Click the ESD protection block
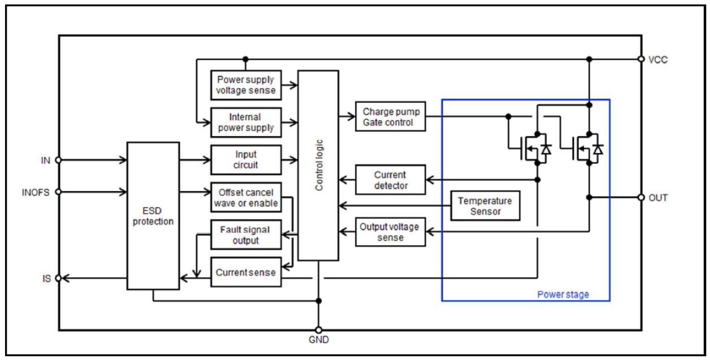coord(153,215)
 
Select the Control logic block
coord(318,165)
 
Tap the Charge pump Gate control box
coord(390,117)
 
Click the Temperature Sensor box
coord(484,206)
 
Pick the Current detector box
coord(390,180)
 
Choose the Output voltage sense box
coord(390,232)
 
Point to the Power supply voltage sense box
coord(246,85)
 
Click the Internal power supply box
coord(246,122)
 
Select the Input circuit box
coord(246,160)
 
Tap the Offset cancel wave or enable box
coord(246,198)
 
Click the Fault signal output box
coord(246,235)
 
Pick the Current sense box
coord(246,272)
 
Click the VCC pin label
coord(659,59)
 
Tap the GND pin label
coord(318,340)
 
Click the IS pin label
coord(46,278)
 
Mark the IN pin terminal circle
coord(58,160)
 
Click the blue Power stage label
coord(562,294)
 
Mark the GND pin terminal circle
coord(318,330)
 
